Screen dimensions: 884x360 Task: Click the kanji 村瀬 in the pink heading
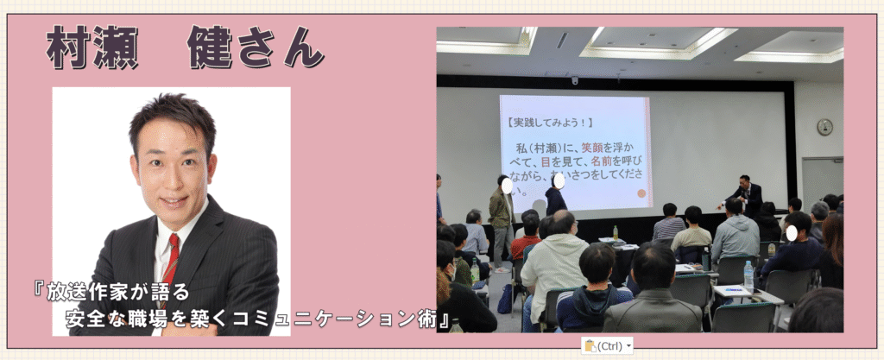[92, 47]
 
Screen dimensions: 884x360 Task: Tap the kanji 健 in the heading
[210, 47]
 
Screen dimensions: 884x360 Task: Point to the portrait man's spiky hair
[172, 118]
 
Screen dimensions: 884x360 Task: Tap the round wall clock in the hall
[824, 127]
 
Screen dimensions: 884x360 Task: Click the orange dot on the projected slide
[641, 193]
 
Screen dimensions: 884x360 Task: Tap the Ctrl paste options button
[607, 346]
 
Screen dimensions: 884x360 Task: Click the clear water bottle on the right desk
[748, 276]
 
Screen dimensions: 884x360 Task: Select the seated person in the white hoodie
[553, 270]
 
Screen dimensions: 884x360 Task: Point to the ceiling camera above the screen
[575, 80]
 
